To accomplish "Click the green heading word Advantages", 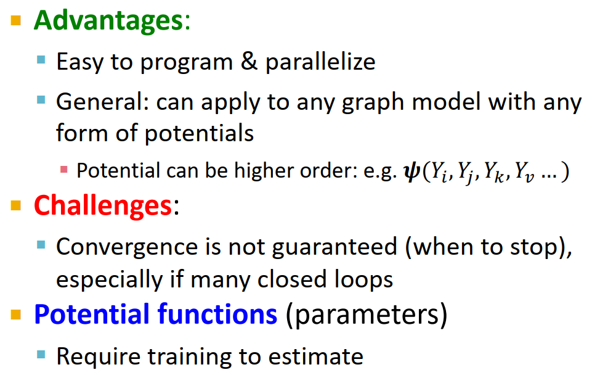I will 108,20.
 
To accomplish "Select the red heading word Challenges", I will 103,205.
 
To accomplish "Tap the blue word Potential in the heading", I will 93,315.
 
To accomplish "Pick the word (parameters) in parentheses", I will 366,315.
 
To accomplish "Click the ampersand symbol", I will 249,62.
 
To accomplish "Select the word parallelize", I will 320,63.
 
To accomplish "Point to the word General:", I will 102,102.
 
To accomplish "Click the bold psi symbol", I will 410,172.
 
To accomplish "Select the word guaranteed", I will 335,247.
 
